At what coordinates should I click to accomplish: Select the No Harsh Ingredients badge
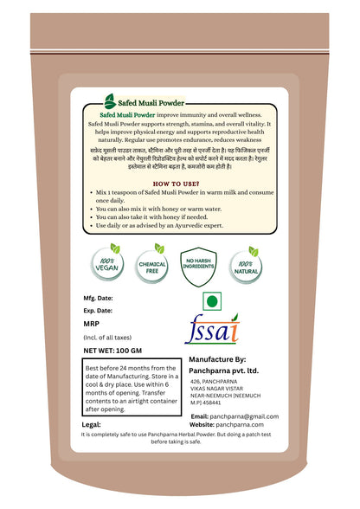pos(200,260)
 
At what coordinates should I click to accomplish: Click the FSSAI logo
pos(211,332)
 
